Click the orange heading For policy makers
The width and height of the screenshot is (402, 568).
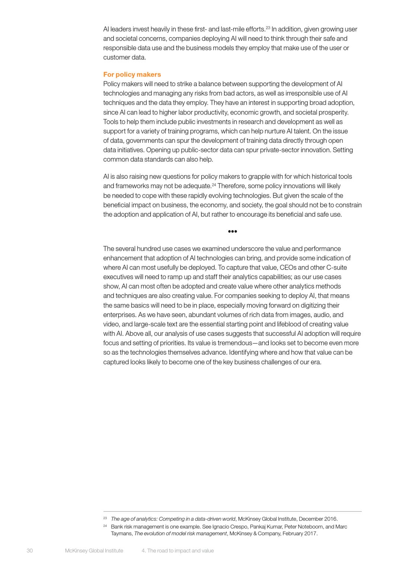[132, 74]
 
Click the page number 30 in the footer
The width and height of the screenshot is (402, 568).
[30, 551]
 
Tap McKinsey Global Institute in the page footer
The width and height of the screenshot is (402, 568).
[94, 551]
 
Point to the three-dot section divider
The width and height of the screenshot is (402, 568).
[232, 231]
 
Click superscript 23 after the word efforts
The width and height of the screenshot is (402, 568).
[268, 28]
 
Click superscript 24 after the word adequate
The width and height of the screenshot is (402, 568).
[214, 184]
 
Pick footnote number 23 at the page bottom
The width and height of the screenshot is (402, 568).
[105, 518]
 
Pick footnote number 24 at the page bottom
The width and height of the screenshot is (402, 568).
[105, 526]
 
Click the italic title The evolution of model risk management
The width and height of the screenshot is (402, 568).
[180, 533]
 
